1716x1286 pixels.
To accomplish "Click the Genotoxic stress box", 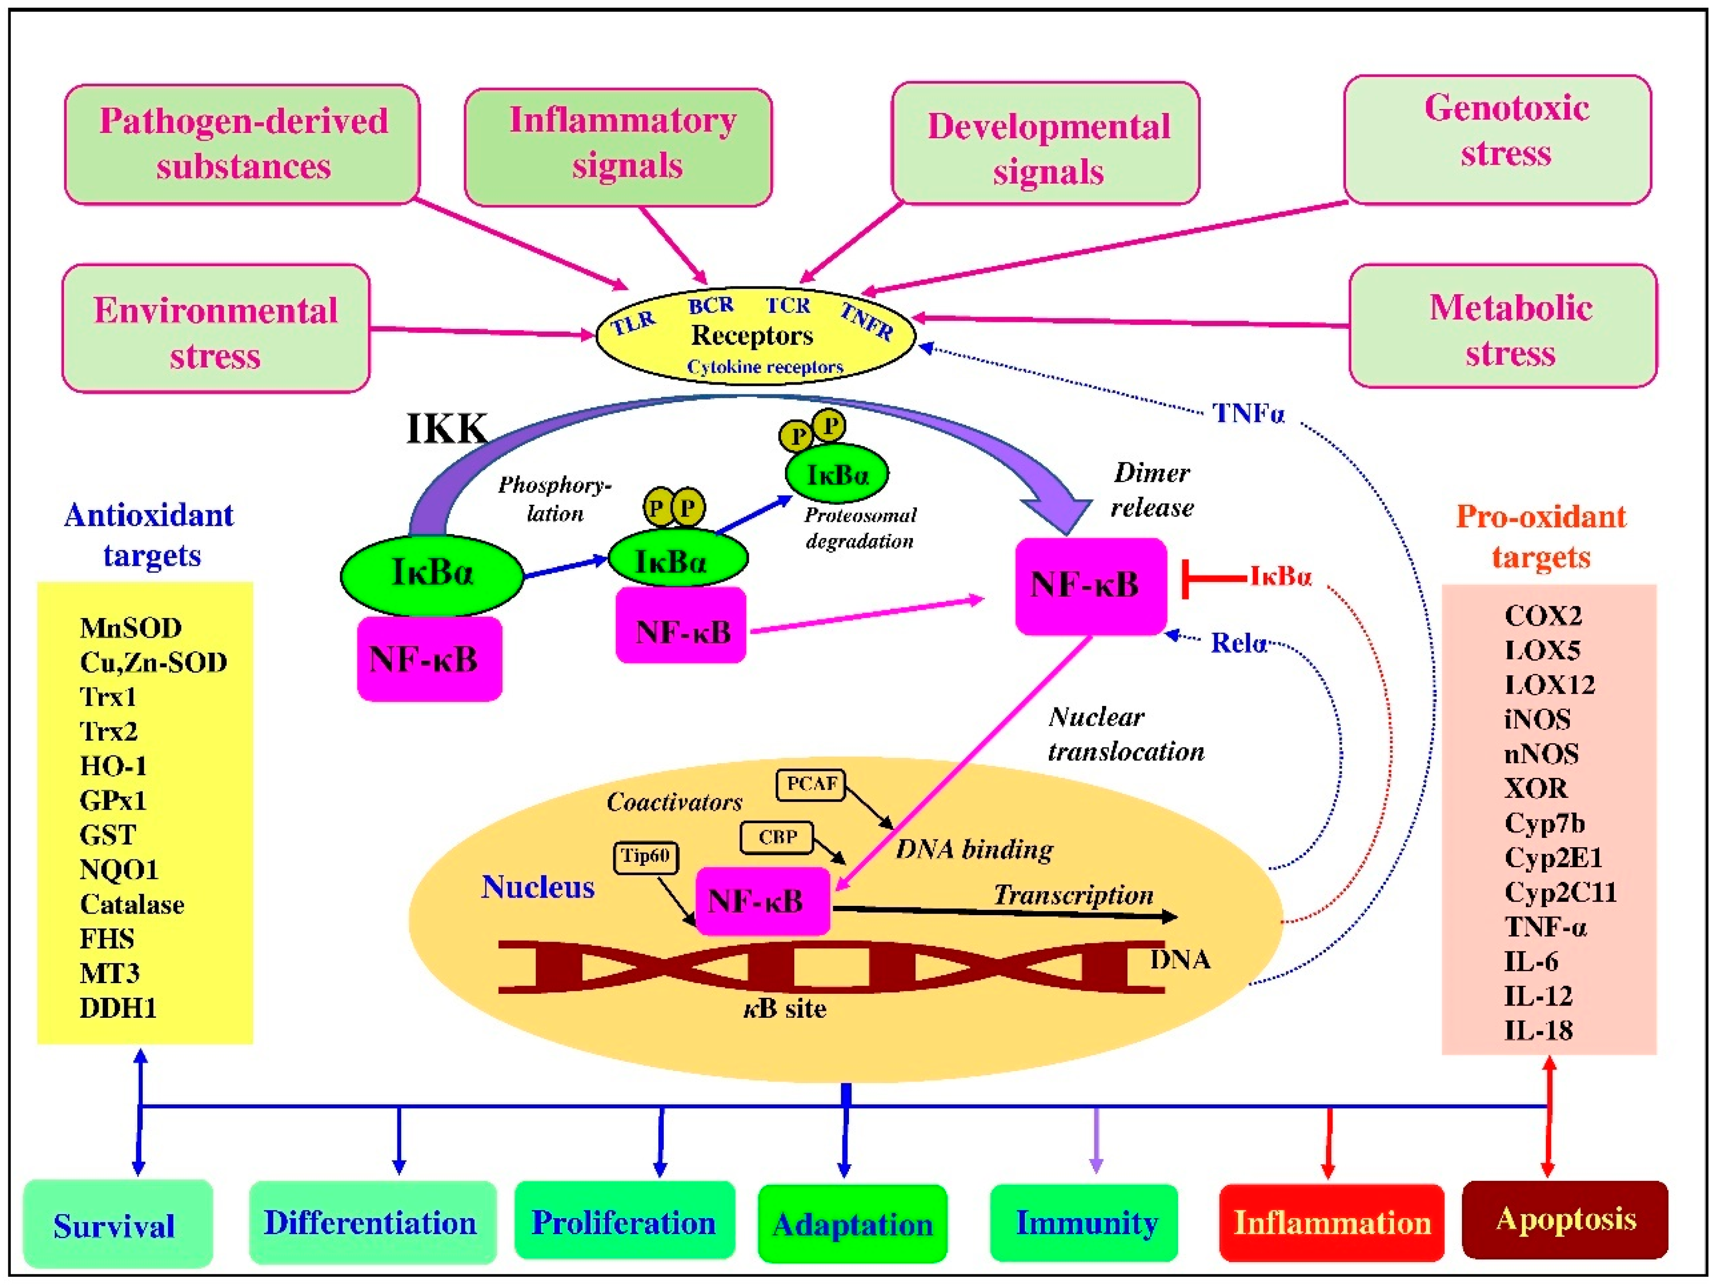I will pyautogui.click(x=1497, y=140).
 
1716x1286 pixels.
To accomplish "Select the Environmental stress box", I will pyautogui.click(x=216, y=329).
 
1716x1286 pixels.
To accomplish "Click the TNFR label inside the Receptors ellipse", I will pyautogui.click(x=867, y=321).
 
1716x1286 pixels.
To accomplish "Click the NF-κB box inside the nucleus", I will pyautogui.click(x=762, y=901).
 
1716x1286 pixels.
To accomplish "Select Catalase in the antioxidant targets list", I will pyautogui.click(x=132, y=904).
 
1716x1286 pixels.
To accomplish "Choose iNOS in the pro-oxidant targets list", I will pyautogui.click(x=1537, y=719).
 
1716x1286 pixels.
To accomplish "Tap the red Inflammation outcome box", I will pyautogui.click(x=1331, y=1223).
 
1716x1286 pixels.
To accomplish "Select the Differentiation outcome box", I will pyautogui.click(x=371, y=1223).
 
